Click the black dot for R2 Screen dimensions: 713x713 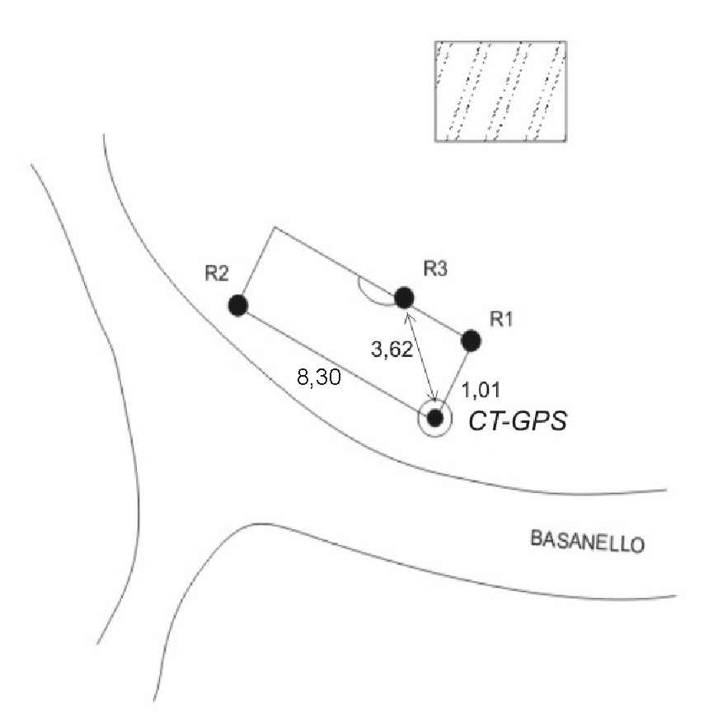(238, 305)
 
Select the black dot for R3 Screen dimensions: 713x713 (404, 298)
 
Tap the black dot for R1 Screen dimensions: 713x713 (471, 340)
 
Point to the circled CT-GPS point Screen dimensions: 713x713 (435, 418)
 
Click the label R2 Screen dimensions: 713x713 (217, 274)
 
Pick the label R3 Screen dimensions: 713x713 (435, 269)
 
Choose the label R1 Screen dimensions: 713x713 (500, 319)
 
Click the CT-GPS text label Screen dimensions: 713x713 (518, 420)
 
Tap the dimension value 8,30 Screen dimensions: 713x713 (319, 377)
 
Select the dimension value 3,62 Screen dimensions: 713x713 (392, 349)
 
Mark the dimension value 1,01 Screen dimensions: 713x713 (481, 390)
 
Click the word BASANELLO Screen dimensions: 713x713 (587, 542)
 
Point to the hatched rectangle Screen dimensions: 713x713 (500, 91)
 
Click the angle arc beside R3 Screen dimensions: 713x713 (373, 293)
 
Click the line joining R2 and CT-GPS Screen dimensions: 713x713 (332, 360)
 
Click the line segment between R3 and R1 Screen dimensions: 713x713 (437, 319)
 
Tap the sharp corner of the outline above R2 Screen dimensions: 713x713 (274, 227)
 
